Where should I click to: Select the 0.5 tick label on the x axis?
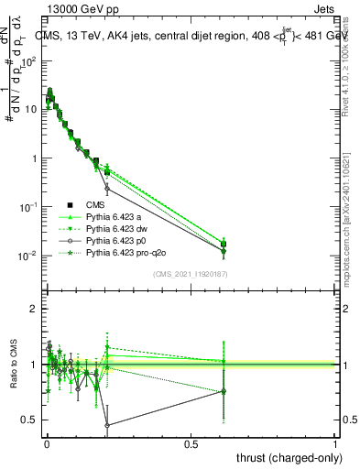click(x=191, y=443)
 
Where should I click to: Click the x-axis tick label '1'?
click(x=335, y=443)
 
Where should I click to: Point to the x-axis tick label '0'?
click(x=46, y=443)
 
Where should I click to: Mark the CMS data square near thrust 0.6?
click(x=224, y=244)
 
